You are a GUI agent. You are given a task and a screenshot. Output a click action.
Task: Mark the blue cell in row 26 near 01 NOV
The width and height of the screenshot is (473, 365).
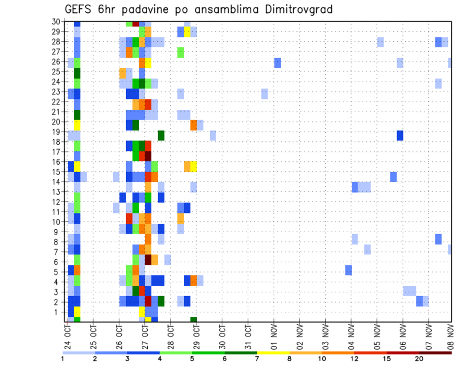[x=277, y=62]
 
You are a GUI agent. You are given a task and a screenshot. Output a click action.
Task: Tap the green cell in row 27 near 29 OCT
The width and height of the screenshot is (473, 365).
[x=180, y=52]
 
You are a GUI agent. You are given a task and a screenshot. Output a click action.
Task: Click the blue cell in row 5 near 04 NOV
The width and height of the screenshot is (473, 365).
[x=348, y=270]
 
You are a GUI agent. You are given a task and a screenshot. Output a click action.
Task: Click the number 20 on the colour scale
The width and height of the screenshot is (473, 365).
[x=419, y=359]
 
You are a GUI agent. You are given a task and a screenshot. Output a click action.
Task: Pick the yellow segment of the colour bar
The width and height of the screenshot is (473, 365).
[x=273, y=352]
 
